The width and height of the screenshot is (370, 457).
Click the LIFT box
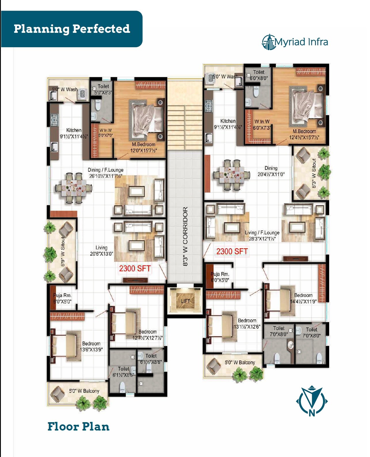click(x=185, y=301)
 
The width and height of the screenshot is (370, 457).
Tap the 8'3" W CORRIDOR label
click(x=185, y=236)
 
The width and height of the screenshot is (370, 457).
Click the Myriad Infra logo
click(x=295, y=42)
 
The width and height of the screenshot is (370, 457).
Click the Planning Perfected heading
click(x=72, y=29)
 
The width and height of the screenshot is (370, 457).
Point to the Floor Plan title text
click(x=78, y=426)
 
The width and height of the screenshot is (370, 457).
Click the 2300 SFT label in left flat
click(x=135, y=269)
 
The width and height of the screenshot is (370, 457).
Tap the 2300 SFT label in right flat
click(x=232, y=251)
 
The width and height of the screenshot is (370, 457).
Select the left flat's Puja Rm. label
click(x=62, y=298)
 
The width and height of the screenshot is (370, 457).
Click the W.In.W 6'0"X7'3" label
click(x=262, y=125)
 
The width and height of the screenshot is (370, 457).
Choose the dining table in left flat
click(x=73, y=188)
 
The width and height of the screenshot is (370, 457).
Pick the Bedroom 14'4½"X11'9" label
click(x=303, y=298)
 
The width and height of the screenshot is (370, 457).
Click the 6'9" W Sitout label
click(x=63, y=251)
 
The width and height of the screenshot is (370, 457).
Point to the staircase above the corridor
click(x=185, y=127)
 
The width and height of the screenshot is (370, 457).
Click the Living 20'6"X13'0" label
click(x=101, y=250)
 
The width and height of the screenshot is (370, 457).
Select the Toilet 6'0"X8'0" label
click(x=259, y=75)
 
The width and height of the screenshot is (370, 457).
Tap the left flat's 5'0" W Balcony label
click(x=84, y=391)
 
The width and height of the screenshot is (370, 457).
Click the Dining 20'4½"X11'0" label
click(x=271, y=171)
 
